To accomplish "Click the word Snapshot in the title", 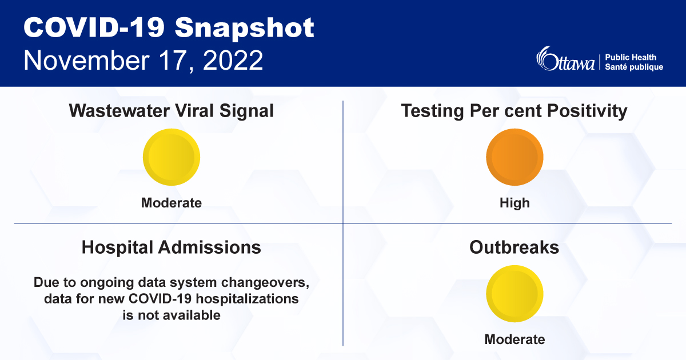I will tap(245, 28).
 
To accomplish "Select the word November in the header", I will tap(89, 60).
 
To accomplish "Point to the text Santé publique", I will tap(634, 67).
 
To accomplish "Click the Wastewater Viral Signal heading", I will tap(171, 110).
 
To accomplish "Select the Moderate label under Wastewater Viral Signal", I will tap(171, 203).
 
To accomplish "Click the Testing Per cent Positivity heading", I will tap(514, 110).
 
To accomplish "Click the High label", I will tap(514, 203).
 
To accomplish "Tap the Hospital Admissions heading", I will tap(171, 247).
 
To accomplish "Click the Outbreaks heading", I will tap(514, 247).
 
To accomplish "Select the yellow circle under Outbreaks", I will tap(514, 294).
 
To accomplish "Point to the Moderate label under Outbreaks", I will tap(514, 339).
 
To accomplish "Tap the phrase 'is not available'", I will tap(171, 315).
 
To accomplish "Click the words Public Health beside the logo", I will tap(631, 57).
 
